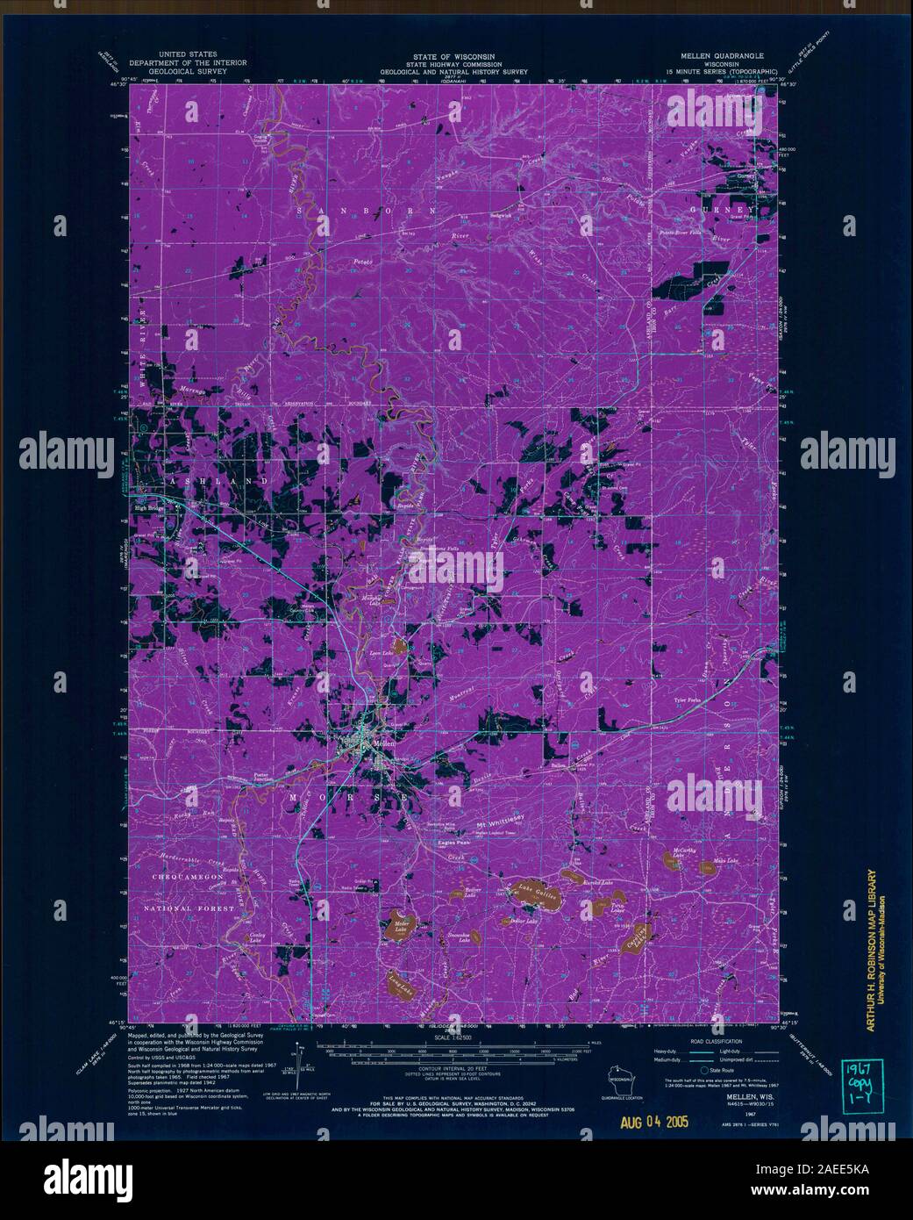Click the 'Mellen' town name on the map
click(385, 742)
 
